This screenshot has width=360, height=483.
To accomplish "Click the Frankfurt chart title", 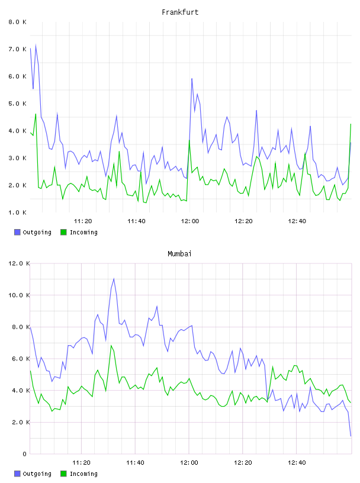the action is tap(180, 12).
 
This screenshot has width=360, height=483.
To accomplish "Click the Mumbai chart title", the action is tap(179, 254).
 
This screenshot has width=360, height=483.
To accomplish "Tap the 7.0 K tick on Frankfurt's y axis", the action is tap(18, 49).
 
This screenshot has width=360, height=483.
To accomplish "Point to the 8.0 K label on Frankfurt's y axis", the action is tap(18, 22).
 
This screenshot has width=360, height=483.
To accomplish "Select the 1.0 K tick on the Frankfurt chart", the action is tap(18, 212).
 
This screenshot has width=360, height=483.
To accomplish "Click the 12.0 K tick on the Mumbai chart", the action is tap(19, 263).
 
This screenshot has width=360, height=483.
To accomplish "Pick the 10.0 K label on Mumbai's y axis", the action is tap(19, 295).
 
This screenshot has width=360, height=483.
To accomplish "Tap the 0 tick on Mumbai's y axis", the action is tap(25, 454).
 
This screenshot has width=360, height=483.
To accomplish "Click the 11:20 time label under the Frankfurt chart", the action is tap(83, 221).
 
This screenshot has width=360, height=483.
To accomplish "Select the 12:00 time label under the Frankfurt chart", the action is tap(190, 221).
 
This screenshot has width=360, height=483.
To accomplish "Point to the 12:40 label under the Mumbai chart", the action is tap(297, 463).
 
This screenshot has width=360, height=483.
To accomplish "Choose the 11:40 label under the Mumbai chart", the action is tap(136, 463).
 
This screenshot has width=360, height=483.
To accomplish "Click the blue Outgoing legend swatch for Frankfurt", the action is tap(17, 232).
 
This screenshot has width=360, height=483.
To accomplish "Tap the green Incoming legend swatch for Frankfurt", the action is tap(63, 232).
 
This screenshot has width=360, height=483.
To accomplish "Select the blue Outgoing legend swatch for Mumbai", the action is tap(17, 474).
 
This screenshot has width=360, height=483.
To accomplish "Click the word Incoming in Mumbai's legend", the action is tap(84, 474).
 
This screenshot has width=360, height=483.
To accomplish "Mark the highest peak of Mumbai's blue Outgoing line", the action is tap(114, 278).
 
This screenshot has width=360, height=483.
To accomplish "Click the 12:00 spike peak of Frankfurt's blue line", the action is tap(192, 79).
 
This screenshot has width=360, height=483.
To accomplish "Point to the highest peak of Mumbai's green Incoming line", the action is tap(111, 345).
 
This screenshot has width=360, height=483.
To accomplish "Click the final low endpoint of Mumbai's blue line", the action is tap(351, 436).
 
